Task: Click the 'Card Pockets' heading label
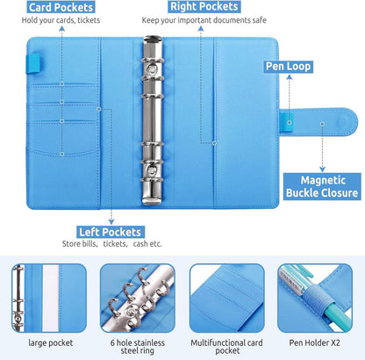(61, 7)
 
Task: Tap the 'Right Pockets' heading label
(204, 6)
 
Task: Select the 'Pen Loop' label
(288, 67)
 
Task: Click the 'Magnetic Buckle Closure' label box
(322, 187)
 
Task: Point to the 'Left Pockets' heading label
(111, 232)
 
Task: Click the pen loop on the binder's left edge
(33, 63)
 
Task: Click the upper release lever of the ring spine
(152, 68)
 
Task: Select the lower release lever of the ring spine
(152, 169)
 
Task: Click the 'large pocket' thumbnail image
(49, 298)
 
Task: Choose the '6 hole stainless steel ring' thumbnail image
(138, 298)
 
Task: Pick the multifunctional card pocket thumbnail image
(227, 298)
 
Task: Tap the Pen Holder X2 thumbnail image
(315, 298)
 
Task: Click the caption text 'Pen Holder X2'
(315, 342)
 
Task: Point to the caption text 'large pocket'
(51, 342)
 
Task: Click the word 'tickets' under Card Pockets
(89, 20)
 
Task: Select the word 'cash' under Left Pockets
(140, 243)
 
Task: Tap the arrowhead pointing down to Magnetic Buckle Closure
(322, 169)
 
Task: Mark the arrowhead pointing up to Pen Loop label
(290, 77)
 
